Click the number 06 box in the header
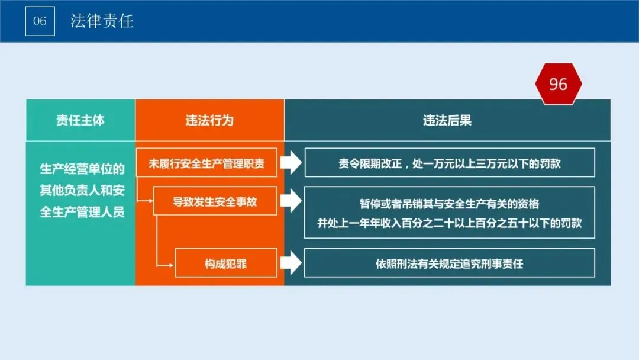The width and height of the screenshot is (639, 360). pyautogui.click(x=40, y=21)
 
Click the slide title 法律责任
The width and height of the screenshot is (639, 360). pyautogui.click(x=102, y=21)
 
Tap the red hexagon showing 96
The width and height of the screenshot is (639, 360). pyautogui.click(x=558, y=84)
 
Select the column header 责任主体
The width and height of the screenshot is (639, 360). pyautogui.click(x=80, y=120)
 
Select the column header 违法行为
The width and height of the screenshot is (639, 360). pyautogui.click(x=209, y=120)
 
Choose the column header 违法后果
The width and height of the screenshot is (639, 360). pyautogui.click(x=447, y=120)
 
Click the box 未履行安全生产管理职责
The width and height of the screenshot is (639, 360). pyautogui.click(x=206, y=163)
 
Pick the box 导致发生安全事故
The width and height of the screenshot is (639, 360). pyautogui.click(x=215, y=201)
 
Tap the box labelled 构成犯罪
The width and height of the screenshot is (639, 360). pyautogui.click(x=225, y=263)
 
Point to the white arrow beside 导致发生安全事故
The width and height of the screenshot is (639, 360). pyautogui.click(x=291, y=201)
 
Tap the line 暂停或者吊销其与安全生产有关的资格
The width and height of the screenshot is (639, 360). pyautogui.click(x=450, y=204)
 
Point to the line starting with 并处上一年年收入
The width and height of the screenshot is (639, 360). pyautogui.click(x=450, y=223)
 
